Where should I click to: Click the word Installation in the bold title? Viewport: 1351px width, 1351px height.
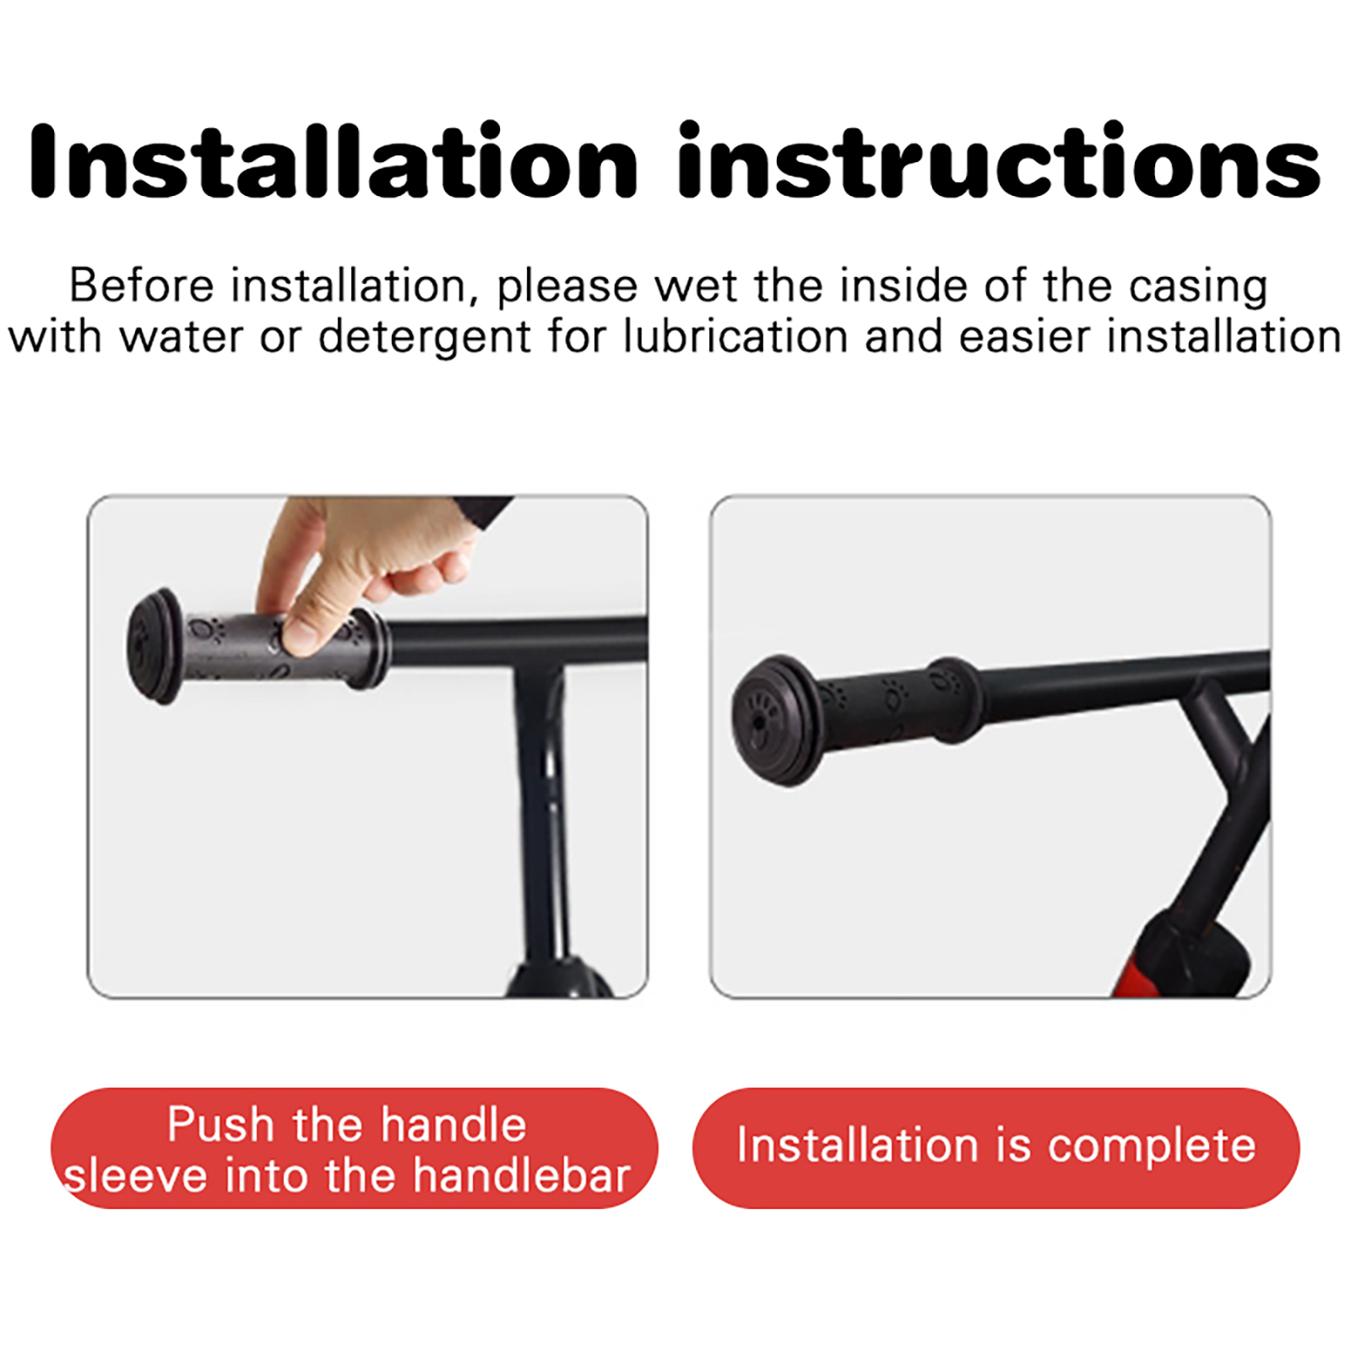point(333,160)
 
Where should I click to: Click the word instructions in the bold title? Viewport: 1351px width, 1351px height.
point(999,160)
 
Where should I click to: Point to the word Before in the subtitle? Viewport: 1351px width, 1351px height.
point(142,285)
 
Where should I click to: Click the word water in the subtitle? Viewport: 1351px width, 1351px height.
point(182,337)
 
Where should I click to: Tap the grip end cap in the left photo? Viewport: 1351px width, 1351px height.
point(154,646)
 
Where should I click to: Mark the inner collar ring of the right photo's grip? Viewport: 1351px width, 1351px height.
point(952,700)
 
